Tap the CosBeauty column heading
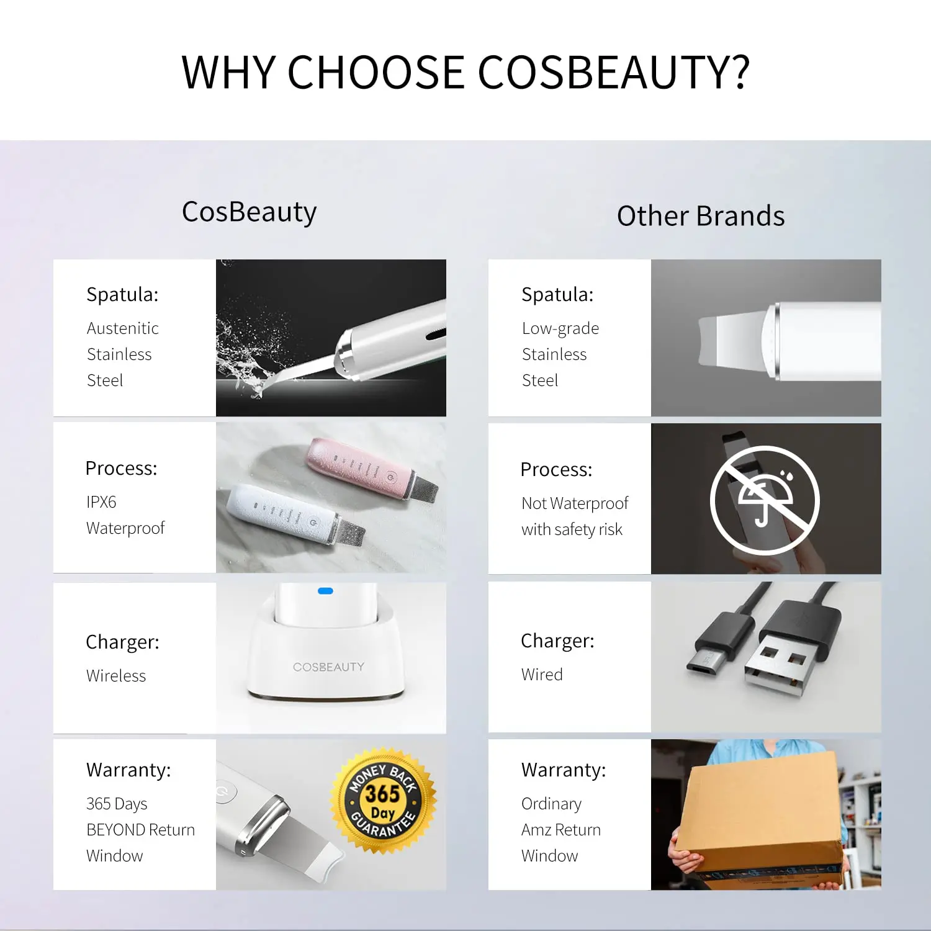(x=249, y=212)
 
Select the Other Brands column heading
(x=700, y=216)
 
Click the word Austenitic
(x=122, y=328)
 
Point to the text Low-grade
(x=560, y=328)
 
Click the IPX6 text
(x=101, y=501)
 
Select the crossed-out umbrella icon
(x=764, y=500)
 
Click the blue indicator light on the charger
(x=325, y=591)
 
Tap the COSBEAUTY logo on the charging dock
(x=328, y=667)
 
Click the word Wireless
(x=116, y=675)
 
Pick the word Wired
(x=542, y=674)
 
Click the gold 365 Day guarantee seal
(x=383, y=801)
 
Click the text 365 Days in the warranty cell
(x=117, y=803)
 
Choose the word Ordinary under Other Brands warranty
(x=551, y=803)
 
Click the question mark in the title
(x=736, y=72)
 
